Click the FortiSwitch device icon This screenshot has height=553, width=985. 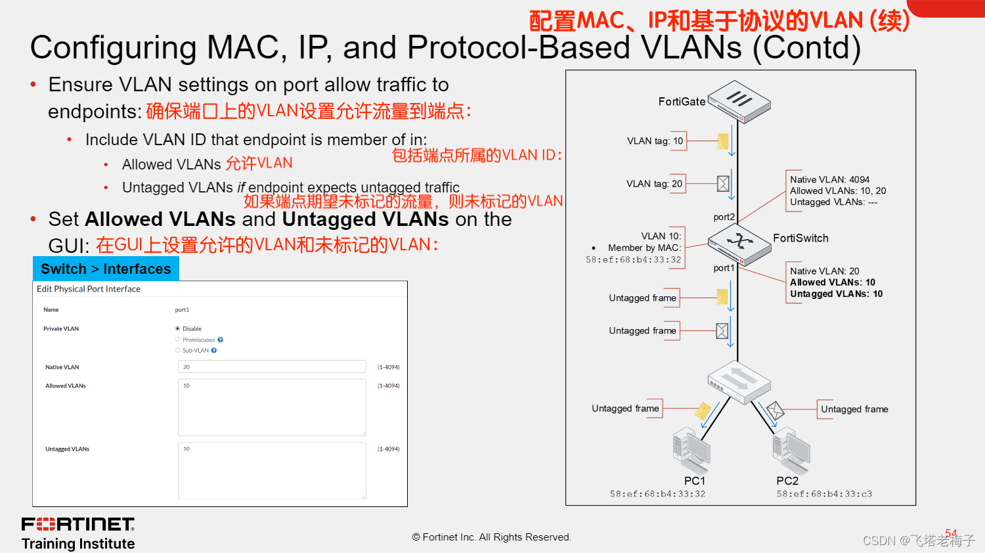739,244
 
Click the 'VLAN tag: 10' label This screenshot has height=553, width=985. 655,141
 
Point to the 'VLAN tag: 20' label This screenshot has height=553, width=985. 654,184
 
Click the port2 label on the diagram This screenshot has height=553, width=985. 724,217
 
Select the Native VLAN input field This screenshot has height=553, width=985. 272,367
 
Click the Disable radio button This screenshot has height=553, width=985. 177,328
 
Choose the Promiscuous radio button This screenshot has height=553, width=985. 177,340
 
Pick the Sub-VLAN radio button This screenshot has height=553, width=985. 177,350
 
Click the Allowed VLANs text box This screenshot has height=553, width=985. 272,407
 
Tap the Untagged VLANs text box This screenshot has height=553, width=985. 272,470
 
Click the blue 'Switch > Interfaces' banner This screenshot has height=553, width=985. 106,269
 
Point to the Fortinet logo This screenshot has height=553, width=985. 78,524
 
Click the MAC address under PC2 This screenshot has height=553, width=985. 824,494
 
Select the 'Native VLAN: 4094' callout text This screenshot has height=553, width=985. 829,179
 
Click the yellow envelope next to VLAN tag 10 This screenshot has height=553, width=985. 723,141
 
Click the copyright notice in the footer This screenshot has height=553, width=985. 492,537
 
